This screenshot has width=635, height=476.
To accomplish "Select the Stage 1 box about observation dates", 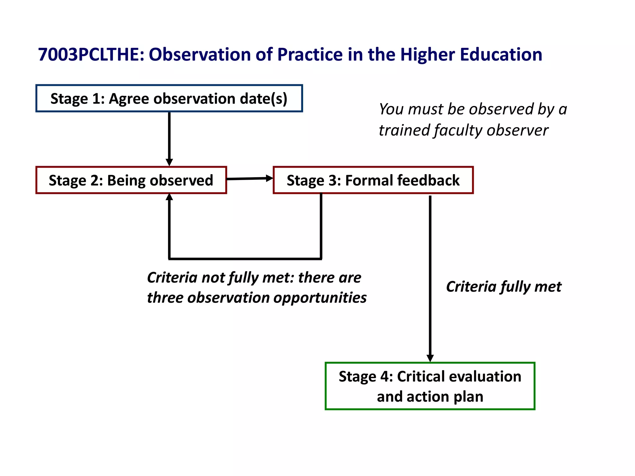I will click(x=169, y=99).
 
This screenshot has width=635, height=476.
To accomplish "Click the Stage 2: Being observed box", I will click(x=131, y=180).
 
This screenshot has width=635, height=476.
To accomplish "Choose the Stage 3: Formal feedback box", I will click(x=373, y=180).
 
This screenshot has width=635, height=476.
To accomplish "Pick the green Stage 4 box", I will click(x=430, y=386).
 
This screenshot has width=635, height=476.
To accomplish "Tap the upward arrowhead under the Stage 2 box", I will click(x=169, y=197).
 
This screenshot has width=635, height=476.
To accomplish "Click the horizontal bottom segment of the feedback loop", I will click(x=245, y=258).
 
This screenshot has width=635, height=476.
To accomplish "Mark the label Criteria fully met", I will click(x=504, y=287).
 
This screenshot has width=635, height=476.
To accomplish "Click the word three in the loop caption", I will click(x=165, y=298).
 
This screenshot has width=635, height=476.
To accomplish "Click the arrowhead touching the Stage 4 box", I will click(x=430, y=358).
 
